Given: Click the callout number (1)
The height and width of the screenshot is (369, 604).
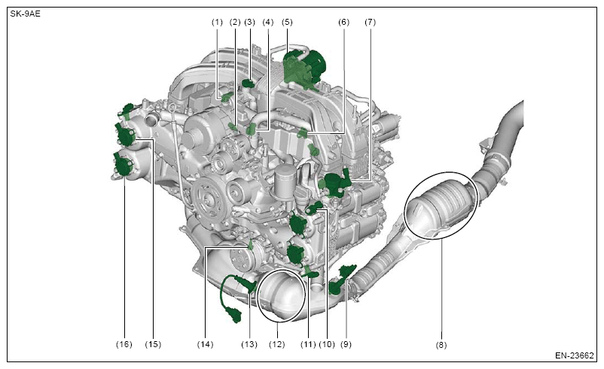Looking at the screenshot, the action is click(217, 23).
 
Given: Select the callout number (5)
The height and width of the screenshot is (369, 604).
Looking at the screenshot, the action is click(287, 23).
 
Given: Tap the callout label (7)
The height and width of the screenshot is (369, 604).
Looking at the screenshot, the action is click(371, 23).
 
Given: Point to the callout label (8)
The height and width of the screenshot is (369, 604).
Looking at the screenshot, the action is click(441, 345).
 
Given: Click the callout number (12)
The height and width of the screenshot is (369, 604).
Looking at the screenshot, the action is click(277, 344).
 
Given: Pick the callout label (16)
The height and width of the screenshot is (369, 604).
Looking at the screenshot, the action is click(124, 344).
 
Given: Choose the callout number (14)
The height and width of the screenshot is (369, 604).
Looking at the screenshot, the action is click(205, 344).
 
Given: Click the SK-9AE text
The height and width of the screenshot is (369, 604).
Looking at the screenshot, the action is click(25, 14).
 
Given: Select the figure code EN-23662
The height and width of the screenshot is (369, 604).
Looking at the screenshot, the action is click(575, 355).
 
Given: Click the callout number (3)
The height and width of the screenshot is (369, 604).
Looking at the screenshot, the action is click(249, 23).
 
